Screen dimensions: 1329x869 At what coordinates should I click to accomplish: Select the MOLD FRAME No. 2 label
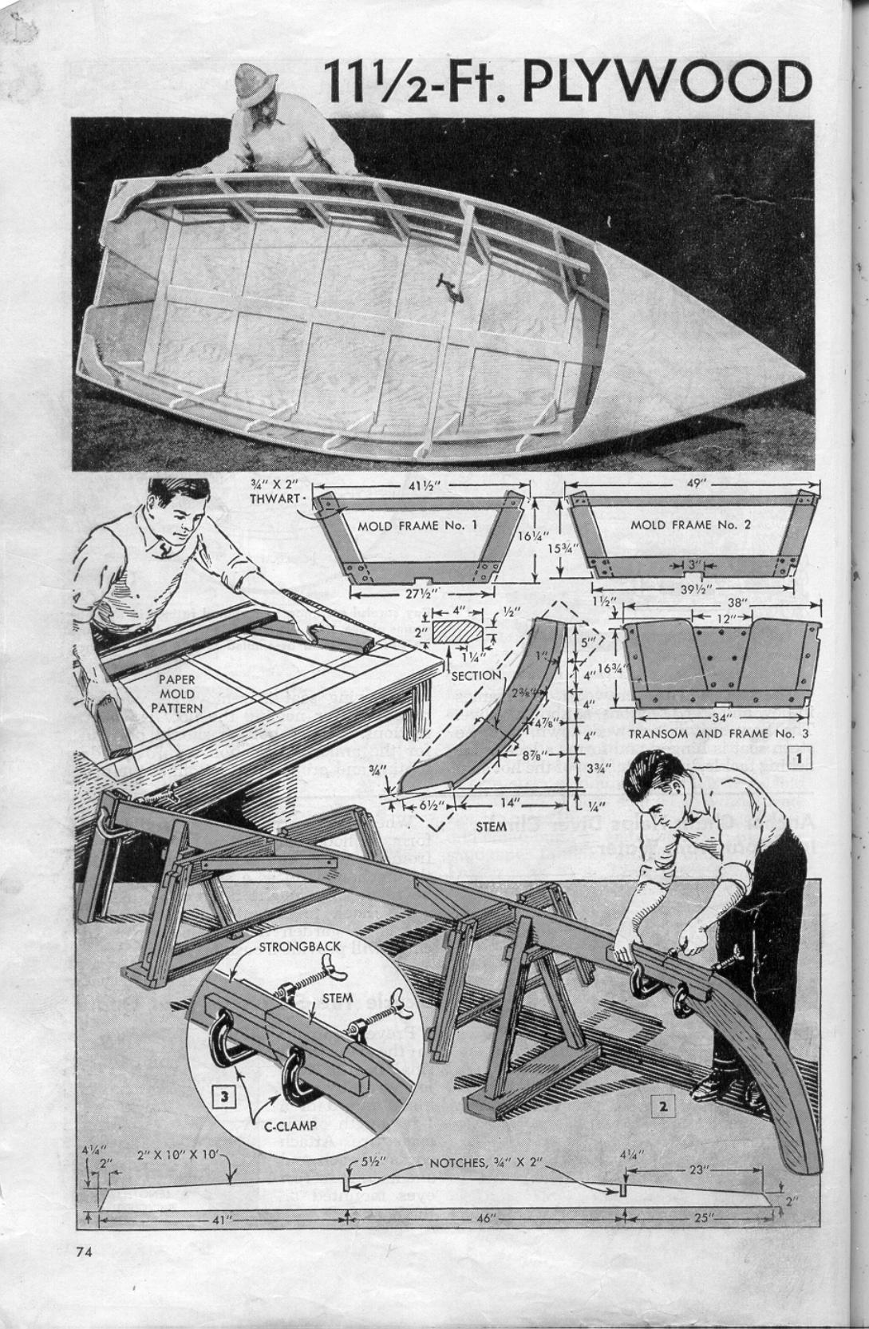691,525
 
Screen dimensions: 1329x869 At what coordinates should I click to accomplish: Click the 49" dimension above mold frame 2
685,485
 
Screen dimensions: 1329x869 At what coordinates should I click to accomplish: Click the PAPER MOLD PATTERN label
176,694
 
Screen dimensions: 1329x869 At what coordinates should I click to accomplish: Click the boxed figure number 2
663,1106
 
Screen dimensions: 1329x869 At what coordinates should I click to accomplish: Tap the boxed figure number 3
225,1097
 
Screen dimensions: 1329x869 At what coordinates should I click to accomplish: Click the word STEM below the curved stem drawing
490,827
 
